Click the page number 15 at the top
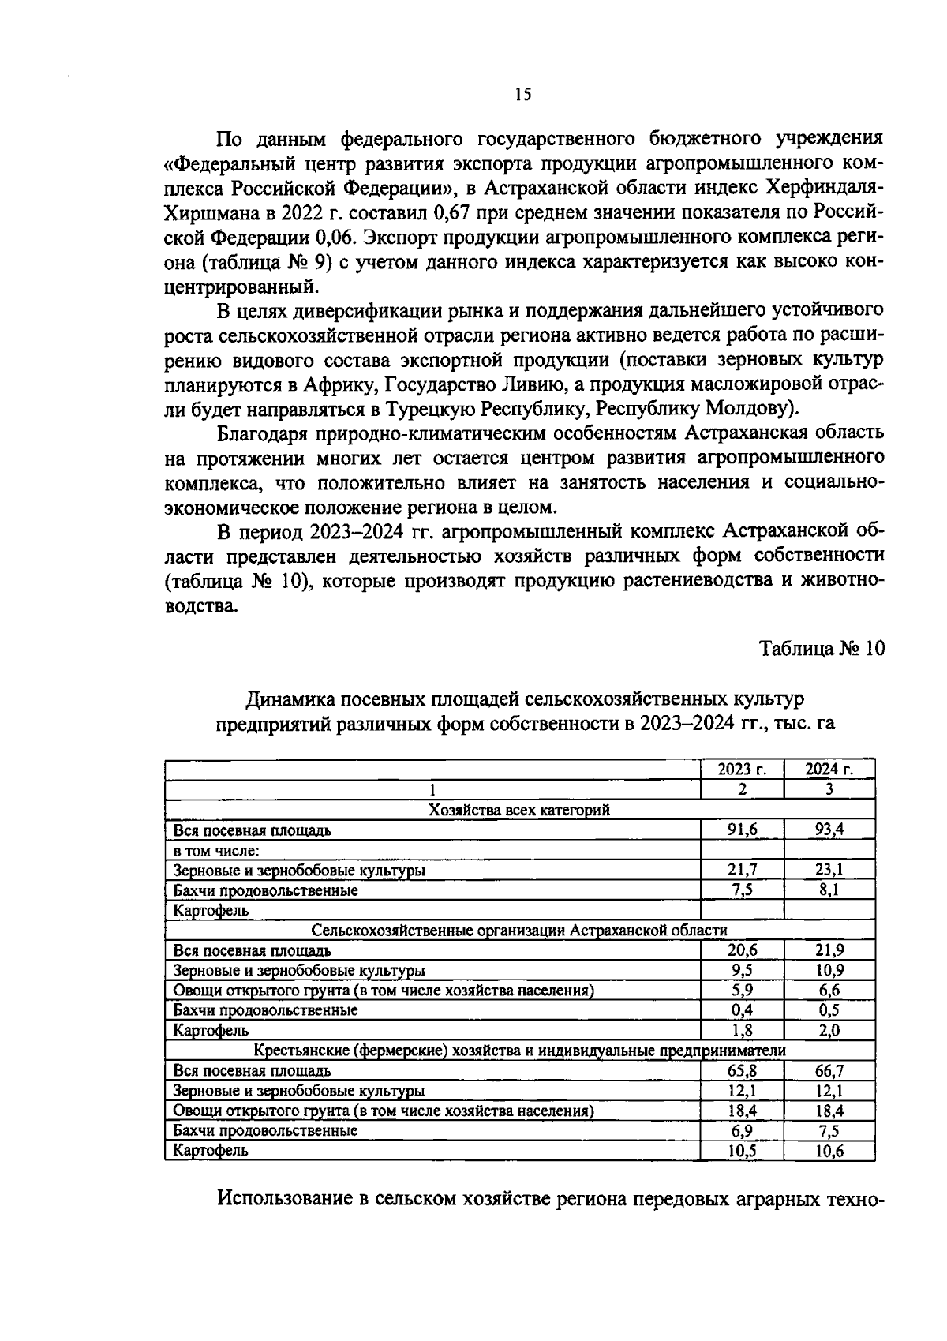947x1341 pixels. pyautogui.click(x=522, y=96)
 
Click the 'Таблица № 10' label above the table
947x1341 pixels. pyautogui.click(x=822, y=649)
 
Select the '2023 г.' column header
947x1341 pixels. pyautogui.click(x=742, y=770)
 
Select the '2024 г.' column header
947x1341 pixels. pyautogui.click(x=829, y=770)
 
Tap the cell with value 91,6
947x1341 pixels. pyautogui.click(x=742, y=830)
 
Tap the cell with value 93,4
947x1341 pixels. pyautogui.click(x=829, y=830)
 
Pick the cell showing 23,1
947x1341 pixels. pyautogui.click(x=829, y=870)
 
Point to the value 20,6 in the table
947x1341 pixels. pyautogui.click(x=742, y=950)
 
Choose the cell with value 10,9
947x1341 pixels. pyautogui.click(x=829, y=970)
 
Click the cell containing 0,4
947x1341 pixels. pyautogui.click(x=742, y=1010)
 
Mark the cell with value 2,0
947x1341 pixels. pyautogui.click(x=829, y=1030)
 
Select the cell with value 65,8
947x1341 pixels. pyautogui.click(x=742, y=1071)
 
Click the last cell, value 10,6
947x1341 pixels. pyautogui.click(x=829, y=1151)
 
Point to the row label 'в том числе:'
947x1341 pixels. pyautogui.click(x=217, y=850)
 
